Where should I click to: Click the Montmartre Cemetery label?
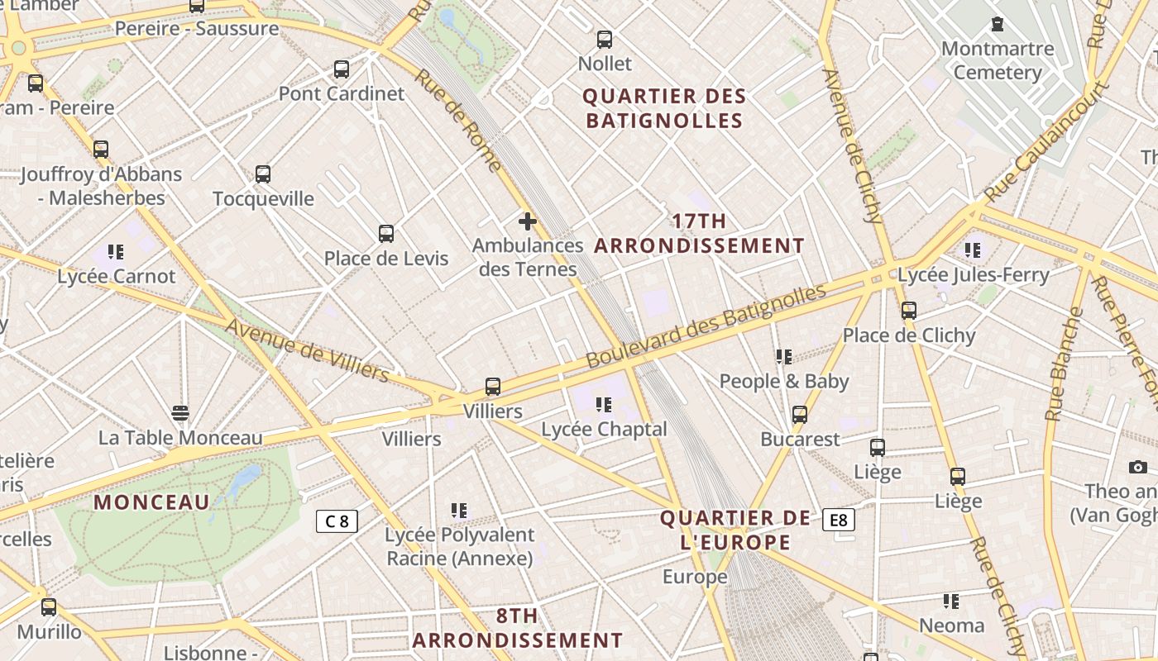point(998,60)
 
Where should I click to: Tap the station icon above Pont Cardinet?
point(342,69)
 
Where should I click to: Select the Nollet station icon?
point(605,40)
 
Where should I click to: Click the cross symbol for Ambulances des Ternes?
point(528,221)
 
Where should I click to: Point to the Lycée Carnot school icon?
point(116,252)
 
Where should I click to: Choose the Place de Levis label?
point(386,259)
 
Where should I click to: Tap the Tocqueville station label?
point(263,199)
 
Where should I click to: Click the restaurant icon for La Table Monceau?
point(180,413)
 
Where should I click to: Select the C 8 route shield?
point(337,521)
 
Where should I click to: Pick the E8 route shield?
point(839,520)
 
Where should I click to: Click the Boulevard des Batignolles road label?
point(706,326)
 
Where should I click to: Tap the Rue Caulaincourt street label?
point(1046,140)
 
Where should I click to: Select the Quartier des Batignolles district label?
point(664,108)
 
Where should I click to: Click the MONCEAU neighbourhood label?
point(152,502)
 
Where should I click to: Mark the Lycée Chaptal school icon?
point(604,405)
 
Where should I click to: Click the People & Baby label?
point(784,382)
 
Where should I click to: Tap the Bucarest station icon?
point(800,415)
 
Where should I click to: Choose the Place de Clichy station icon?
point(909,311)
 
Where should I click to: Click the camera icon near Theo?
point(1138,468)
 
